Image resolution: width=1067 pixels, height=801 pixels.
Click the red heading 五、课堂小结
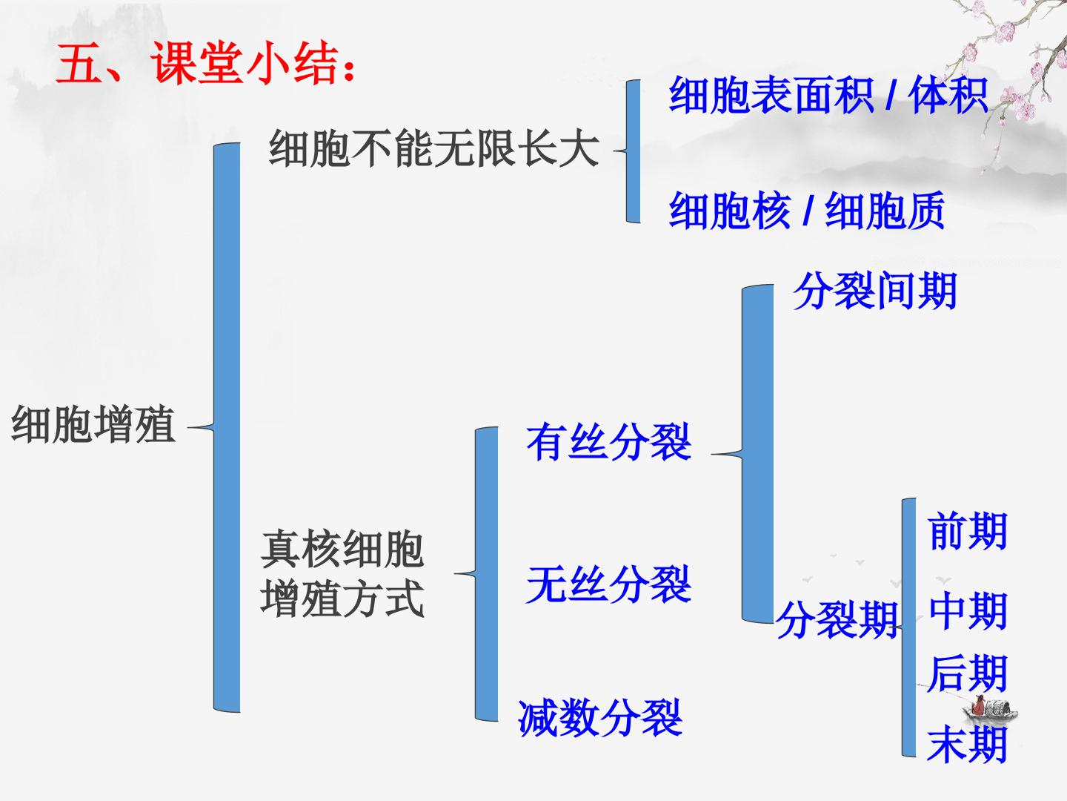coord(206,63)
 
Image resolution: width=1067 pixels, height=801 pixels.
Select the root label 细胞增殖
coord(93,424)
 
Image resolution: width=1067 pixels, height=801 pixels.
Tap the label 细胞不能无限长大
coord(433,148)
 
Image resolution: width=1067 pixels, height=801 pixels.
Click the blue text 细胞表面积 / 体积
coord(828,96)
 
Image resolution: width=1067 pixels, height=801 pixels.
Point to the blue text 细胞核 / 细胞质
coord(806,210)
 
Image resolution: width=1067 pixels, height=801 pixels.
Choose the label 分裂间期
coord(875,291)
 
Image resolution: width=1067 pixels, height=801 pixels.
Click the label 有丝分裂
coord(608,442)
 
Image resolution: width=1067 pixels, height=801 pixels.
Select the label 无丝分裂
coord(608,584)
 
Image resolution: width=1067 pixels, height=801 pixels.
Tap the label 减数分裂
coord(600,718)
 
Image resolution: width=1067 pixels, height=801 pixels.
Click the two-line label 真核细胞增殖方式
coord(342,574)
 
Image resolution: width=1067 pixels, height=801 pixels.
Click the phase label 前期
coord(968,531)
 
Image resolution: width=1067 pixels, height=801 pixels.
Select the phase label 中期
coord(968,611)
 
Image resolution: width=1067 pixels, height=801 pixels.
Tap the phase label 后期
coord(968,673)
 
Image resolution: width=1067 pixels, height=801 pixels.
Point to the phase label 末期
coord(968,745)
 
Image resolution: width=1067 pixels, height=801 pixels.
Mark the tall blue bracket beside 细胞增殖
coord(227,427)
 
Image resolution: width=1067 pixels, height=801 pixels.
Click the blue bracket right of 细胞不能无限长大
coord(633,151)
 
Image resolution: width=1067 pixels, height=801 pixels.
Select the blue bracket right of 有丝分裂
coord(757,454)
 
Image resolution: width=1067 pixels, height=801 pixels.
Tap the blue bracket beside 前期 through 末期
coord(909,627)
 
